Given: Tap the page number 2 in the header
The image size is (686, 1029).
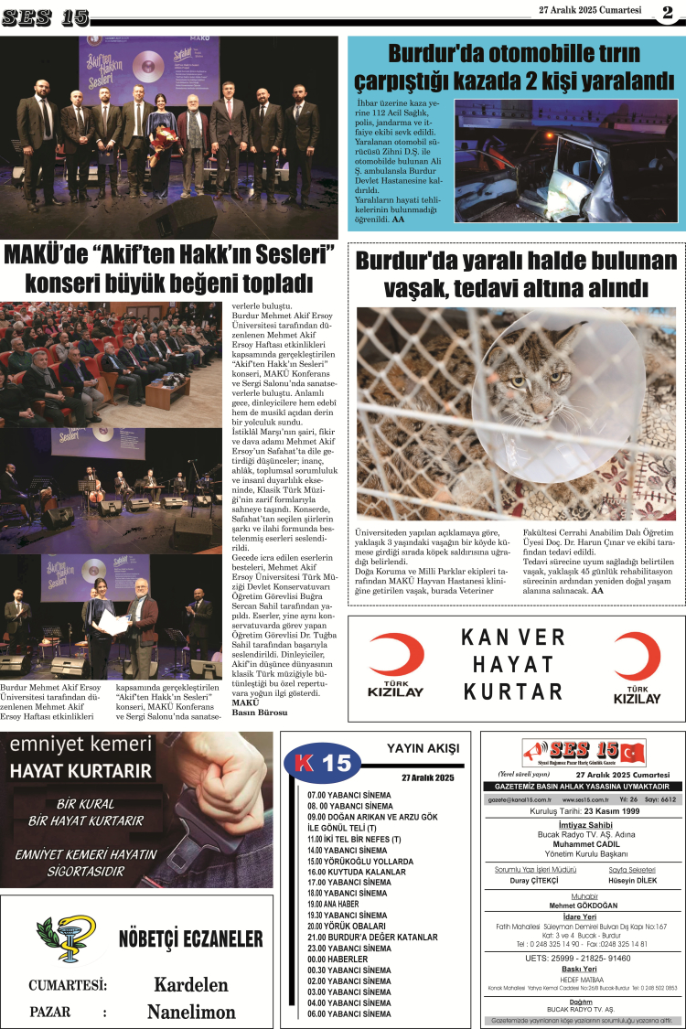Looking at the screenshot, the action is [x=668, y=12].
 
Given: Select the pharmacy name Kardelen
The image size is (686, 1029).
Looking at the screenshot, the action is [x=190, y=984].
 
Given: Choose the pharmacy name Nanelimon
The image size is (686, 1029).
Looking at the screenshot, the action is [x=190, y=1012].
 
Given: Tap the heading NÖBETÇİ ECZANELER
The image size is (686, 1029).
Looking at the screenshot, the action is [x=190, y=939].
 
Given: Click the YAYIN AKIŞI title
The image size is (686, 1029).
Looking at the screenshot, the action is [x=423, y=748].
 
